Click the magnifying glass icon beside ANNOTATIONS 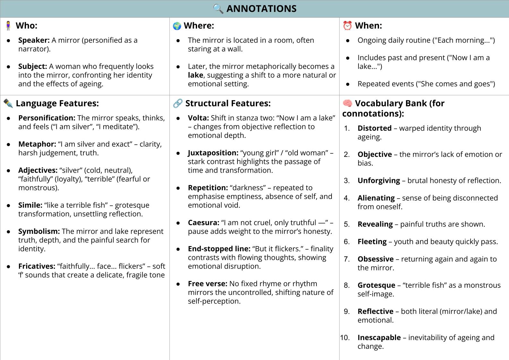pos(218,9)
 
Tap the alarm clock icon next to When pos(347,26)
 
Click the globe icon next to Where pos(177,26)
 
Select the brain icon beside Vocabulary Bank pos(347,103)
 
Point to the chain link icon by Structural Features pos(177,103)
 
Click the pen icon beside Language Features pos(8,103)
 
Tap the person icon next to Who pos(8,26)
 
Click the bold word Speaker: pos(34,40)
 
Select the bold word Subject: pos(32,66)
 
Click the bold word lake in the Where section pos(195,75)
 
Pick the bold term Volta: pos(198,118)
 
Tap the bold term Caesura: pos(203,223)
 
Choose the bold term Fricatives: pos(37,266)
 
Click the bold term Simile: pos(30,205)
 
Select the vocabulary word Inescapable pos(379,338)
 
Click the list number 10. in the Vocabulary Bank pos(345,338)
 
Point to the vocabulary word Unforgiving pos(379,181)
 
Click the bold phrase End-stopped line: pos(219,249)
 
